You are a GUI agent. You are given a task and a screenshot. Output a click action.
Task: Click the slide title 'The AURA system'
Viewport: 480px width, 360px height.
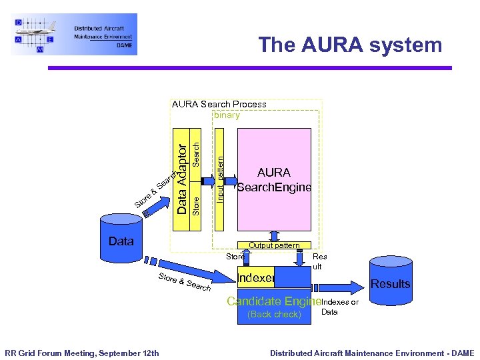click(350, 45)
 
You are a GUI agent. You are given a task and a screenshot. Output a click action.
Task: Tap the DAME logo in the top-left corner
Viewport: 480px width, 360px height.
click(74, 34)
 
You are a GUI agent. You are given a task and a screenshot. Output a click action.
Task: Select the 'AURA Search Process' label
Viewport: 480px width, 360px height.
click(219, 104)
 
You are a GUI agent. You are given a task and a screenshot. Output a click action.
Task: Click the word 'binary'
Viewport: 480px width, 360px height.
click(227, 115)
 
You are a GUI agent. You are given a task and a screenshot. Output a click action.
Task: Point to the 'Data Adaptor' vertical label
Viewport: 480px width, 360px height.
click(181, 177)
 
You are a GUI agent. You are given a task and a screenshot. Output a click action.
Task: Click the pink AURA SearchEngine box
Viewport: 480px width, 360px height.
click(274, 179)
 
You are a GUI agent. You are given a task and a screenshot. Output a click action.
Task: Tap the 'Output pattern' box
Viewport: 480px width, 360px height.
click(274, 245)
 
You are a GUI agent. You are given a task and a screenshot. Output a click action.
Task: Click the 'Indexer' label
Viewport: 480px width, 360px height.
click(256, 277)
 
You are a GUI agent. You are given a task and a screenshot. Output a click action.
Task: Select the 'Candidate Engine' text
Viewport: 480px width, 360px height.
click(273, 301)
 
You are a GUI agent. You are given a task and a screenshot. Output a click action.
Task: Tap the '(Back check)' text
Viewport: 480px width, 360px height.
click(274, 314)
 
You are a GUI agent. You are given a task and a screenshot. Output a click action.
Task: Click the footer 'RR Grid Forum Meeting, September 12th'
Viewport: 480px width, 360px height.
click(82, 353)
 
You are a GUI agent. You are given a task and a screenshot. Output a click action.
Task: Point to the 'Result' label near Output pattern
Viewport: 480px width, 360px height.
click(319, 261)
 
